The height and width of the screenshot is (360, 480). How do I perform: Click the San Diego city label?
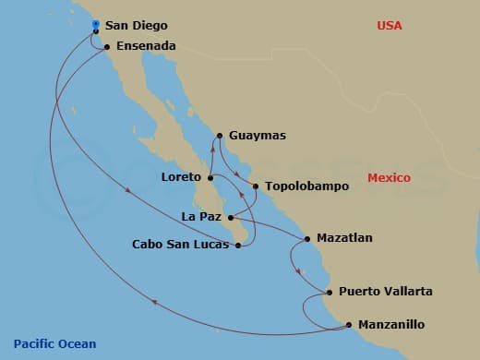coord(137,26)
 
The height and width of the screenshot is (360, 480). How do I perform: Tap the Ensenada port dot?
coord(107,46)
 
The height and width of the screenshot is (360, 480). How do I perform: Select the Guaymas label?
coord(257,136)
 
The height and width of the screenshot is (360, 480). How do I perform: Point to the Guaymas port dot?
coord(219,137)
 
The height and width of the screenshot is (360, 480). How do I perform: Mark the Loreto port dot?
coord(210,177)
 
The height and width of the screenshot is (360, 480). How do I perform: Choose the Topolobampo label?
coord(306,186)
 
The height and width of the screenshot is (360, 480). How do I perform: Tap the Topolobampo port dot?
coord(256,186)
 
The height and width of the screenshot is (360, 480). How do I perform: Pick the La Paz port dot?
coord(232,218)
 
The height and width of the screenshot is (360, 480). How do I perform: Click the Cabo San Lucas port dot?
coord(239,246)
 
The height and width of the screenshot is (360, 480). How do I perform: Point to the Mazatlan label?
coord(344,238)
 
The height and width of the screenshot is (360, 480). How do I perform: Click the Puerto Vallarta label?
coord(385,292)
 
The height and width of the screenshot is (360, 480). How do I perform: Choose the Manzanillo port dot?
coord(349,324)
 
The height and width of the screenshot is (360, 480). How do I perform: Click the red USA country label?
coord(390,26)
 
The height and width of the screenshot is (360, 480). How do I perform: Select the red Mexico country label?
coord(389,178)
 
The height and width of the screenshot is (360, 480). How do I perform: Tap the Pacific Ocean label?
coord(54,344)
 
